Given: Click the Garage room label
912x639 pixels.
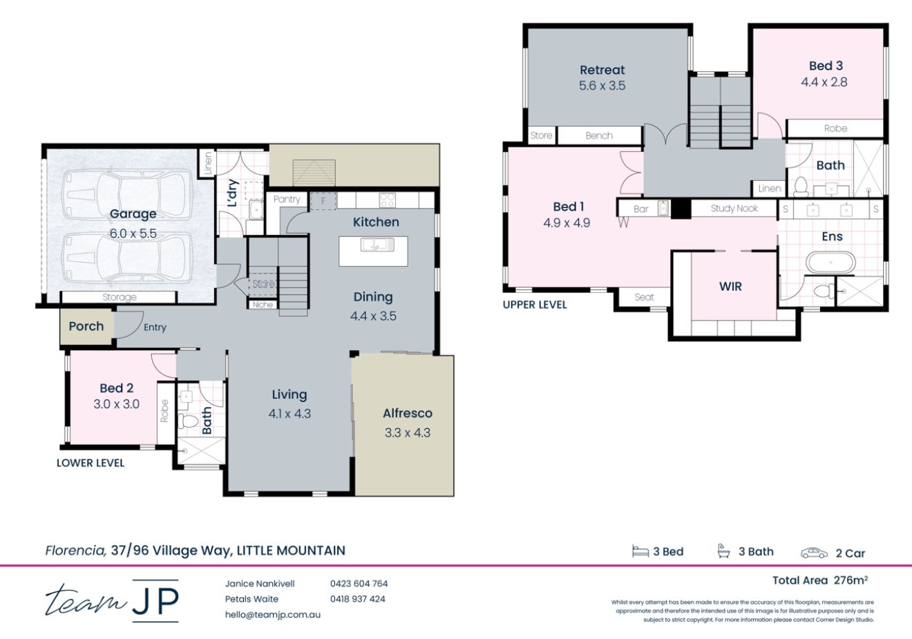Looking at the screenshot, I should pos(133,214).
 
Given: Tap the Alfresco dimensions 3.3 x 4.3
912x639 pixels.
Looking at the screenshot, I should pos(407,433).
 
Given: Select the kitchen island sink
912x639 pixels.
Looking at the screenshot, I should pos(373,244).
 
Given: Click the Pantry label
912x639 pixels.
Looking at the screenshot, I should pos(287,199).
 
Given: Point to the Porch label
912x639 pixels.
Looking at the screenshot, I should pos(86,326).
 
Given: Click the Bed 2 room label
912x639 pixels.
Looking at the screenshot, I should pos(116,388).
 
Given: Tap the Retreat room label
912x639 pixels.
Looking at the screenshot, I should pos(602,70).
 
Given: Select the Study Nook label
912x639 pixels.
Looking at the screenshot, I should pos(734,208).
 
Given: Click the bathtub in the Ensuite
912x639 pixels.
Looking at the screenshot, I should pos(830,263).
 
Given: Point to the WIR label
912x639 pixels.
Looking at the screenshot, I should pos(730,286).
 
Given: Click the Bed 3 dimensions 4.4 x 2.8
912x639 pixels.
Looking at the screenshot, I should pos(824,82).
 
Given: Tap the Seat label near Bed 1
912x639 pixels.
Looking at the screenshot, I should pos(644,297).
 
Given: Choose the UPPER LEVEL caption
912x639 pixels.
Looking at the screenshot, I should pos(534,305).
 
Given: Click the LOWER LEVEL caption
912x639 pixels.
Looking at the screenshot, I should pos(91,463).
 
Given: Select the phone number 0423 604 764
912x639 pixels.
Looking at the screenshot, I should pos(359,584).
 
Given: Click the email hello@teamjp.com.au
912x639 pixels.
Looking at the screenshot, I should pos(272,614).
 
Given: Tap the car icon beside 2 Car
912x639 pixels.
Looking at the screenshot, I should pos(814,553).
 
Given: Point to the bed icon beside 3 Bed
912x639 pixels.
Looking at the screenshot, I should pos(640,551).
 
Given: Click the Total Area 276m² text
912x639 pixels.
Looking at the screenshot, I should pos(819,580).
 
